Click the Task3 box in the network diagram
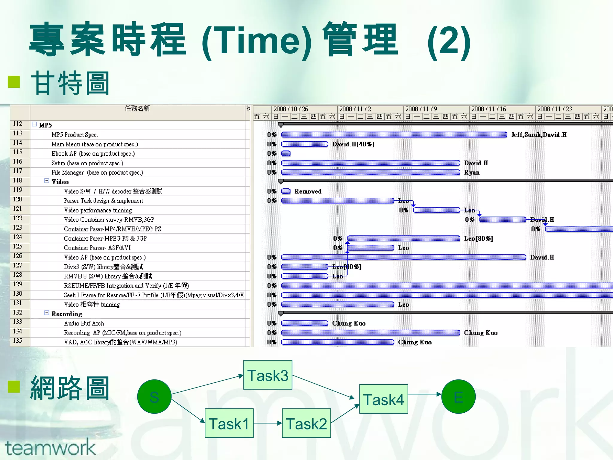tap(268, 375)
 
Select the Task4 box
tap(383, 399)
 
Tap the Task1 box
tap(229, 423)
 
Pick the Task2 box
tap(306, 423)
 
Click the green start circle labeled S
tap(154, 397)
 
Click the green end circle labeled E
tap(458, 397)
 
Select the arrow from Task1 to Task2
tap(268, 423)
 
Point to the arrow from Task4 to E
tap(424, 394)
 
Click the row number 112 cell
tap(18, 124)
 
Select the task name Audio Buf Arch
tap(84, 323)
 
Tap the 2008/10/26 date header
tap(290, 109)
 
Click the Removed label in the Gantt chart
tap(308, 191)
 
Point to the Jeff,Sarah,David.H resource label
tap(539, 135)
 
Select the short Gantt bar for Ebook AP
tap(286, 154)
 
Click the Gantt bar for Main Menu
tap(305, 144)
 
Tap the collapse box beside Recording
tap(47, 313)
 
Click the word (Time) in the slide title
tap(257, 40)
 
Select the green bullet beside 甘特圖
tap(14, 82)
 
